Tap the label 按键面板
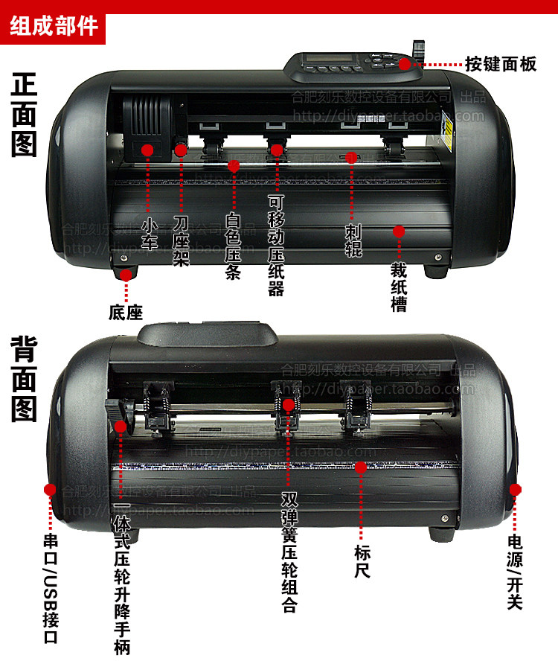point(501,64)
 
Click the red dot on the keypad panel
point(404,64)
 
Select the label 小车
point(150,233)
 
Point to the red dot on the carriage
point(147,150)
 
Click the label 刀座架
point(181,242)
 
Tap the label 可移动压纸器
point(276,246)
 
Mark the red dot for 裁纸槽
point(399,231)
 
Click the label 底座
point(126,313)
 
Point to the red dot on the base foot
point(126,275)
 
